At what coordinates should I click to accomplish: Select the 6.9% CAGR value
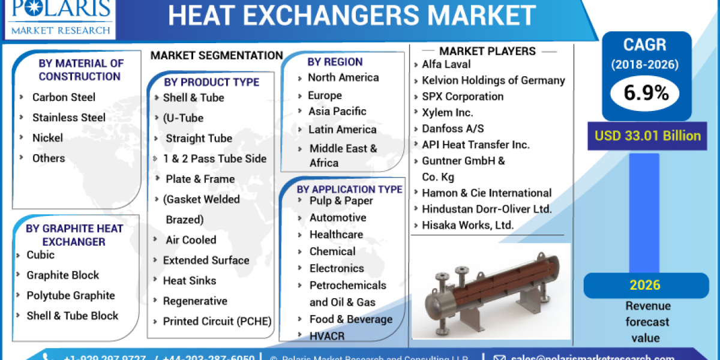click(646, 93)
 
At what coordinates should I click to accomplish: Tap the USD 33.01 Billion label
click(647, 136)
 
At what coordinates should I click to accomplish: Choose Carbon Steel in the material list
click(64, 97)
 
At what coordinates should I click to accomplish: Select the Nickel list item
click(47, 138)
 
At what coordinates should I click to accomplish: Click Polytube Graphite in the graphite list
click(70, 295)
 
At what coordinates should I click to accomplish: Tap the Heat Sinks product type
click(189, 281)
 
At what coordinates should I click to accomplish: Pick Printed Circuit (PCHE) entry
click(217, 322)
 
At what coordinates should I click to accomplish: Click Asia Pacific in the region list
click(337, 112)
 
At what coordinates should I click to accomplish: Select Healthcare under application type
click(336, 235)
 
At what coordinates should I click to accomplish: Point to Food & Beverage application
click(350, 319)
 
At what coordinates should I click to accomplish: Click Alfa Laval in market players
click(446, 64)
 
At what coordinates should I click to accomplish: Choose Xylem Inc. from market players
click(447, 112)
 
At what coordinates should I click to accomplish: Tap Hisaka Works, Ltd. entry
click(468, 226)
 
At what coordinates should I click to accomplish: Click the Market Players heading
click(487, 51)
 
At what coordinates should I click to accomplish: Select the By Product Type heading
click(211, 82)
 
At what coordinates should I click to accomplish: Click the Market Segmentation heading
click(217, 56)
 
